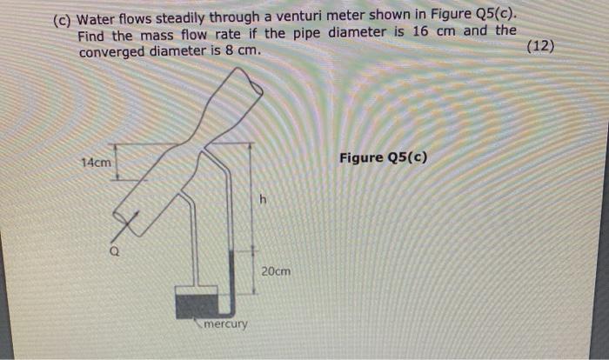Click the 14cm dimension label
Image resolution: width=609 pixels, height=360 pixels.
96,163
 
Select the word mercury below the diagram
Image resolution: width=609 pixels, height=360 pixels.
225,324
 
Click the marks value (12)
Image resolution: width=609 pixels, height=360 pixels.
540,45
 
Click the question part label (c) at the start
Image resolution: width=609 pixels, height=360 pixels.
64,21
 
